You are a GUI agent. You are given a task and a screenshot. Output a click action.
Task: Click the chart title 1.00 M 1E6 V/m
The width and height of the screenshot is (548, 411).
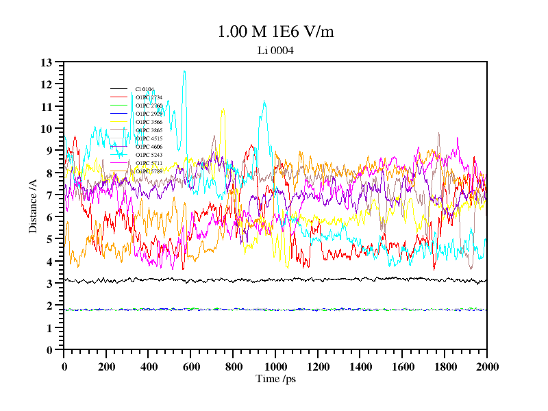coord(275,32)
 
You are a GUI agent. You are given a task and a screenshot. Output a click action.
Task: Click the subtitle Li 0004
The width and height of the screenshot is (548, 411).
coord(275,50)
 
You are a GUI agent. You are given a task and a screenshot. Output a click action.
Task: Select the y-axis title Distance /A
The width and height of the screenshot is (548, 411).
coord(33,206)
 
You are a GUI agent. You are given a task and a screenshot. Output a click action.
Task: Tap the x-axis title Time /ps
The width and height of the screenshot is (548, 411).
coord(275,379)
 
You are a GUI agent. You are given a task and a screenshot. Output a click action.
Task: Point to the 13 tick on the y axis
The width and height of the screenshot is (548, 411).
coord(47,62)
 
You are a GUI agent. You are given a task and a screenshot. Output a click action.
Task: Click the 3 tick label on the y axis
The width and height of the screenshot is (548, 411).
coord(49,284)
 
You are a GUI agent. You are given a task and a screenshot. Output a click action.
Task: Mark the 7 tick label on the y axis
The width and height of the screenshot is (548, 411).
coord(49,195)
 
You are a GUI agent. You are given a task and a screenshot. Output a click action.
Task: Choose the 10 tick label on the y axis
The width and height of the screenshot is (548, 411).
coord(47,129)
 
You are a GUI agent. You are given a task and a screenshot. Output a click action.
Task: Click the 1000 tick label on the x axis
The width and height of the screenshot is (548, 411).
coord(275,366)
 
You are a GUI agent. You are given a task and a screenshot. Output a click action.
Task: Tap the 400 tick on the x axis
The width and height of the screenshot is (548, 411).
coord(149,366)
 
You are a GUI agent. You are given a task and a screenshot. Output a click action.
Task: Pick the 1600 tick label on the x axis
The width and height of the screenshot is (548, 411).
coord(402,366)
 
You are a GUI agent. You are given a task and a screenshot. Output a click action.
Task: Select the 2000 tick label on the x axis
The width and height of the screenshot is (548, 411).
coord(486,366)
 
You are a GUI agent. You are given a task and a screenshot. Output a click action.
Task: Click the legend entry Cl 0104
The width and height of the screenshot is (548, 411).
coord(144,89)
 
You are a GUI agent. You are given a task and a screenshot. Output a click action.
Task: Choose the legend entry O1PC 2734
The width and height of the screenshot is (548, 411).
coord(149,97)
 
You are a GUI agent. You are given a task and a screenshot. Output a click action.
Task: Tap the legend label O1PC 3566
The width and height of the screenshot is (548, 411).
coord(149,122)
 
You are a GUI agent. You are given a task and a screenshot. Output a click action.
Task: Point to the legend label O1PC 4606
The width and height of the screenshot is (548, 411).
coord(149,147)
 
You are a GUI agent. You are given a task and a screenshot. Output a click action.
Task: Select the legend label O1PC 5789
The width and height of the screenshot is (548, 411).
coord(149,171)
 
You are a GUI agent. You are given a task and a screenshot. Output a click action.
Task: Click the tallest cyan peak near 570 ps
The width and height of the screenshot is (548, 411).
coord(184,71)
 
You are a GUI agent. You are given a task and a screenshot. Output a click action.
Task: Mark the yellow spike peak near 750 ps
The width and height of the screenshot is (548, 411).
coord(223,108)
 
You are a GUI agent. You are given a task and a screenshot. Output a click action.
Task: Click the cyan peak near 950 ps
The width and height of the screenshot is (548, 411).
coord(264,102)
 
